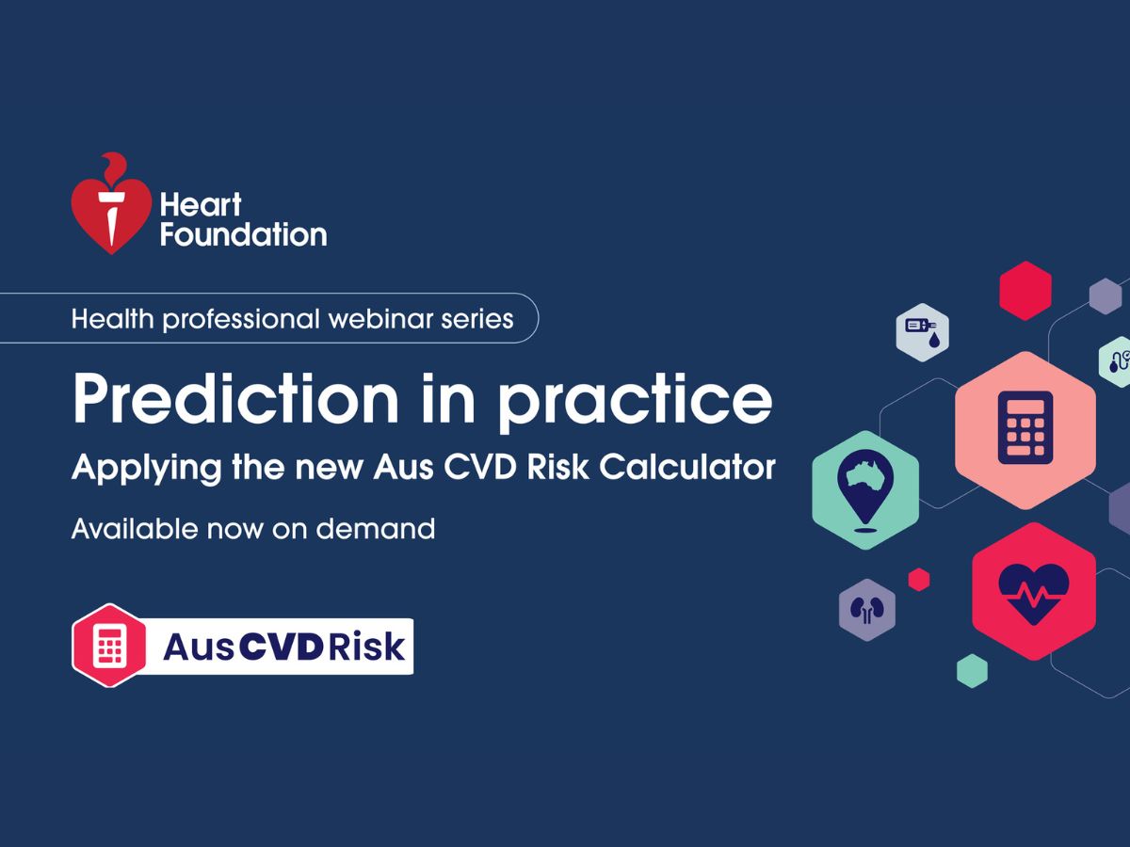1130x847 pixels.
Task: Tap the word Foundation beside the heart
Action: [x=243, y=234]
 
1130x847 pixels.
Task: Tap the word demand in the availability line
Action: [x=375, y=529]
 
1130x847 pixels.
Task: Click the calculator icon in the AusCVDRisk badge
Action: [x=110, y=646]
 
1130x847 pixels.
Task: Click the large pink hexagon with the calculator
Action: [x=1025, y=430]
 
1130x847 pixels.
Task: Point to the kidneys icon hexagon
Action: [x=866, y=610]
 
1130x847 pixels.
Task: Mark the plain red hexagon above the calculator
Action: [x=1025, y=291]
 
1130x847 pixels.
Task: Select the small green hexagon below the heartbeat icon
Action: [x=972, y=670]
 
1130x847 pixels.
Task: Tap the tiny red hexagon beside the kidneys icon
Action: [x=919, y=580]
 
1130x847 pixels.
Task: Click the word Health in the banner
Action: [x=112, y=318]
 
